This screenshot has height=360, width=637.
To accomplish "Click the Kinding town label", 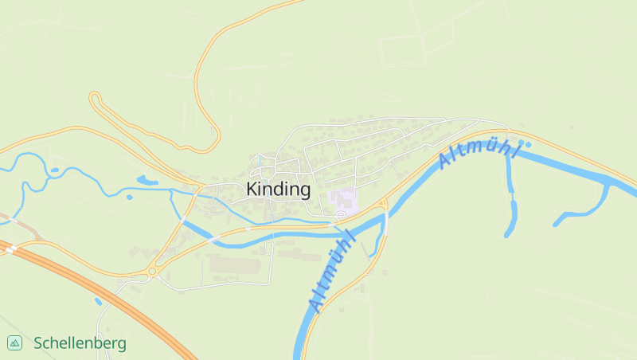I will point(278,190).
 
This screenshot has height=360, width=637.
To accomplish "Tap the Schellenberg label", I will point(80,343).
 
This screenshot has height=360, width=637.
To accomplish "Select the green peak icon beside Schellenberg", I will point(14,343).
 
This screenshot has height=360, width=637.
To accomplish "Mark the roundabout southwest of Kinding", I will point(151,272).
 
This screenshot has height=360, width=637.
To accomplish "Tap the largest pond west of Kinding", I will point(147,181).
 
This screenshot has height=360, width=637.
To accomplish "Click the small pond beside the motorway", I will point(98,301).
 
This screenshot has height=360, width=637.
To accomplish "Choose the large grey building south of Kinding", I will point(234,263).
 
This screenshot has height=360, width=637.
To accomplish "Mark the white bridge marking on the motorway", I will point(11,249).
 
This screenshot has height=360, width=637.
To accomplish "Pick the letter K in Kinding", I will point(252,190).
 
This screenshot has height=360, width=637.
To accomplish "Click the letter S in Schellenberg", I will point(38,343).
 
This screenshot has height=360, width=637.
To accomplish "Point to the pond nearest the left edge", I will point(53,170).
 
